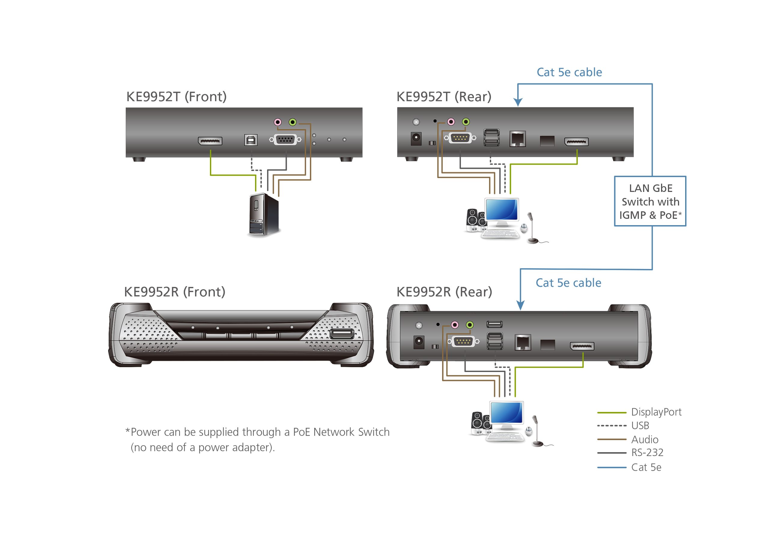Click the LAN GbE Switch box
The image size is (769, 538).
pos(650,201)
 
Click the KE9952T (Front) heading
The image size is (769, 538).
pos(176,97)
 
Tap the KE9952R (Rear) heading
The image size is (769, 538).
pos(444,292)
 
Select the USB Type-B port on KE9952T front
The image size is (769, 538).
pos(251,140)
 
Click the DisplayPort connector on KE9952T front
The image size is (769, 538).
pos(210,141)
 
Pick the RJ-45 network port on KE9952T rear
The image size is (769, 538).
pos(518,139)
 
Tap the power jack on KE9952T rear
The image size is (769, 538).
pos(416,138)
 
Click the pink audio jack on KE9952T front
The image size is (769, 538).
pos(278,122)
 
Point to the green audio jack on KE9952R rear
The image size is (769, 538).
pos(470,325)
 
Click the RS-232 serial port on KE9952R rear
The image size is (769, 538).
pos(463,341)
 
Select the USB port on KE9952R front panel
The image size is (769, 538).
pos(342,334)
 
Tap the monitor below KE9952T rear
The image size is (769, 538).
pos(501,211)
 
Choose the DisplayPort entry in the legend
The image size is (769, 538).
pos(656,412)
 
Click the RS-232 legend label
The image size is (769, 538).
pos(647,453)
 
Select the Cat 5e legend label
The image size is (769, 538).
pos(646,467)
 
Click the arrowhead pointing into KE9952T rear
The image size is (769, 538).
pos(518,102)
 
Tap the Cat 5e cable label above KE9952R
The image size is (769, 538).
pos(568,283)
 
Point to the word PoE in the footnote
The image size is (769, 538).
pos(301,432)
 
